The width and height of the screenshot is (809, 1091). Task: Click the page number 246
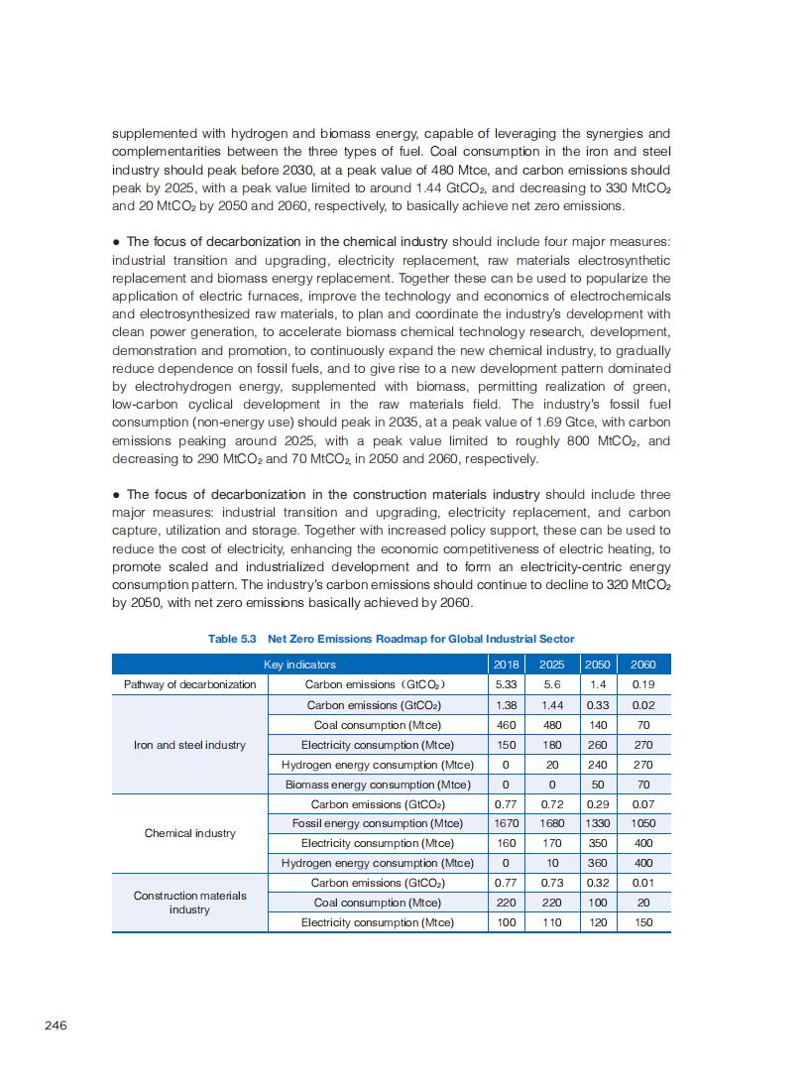[x=56, y=1025]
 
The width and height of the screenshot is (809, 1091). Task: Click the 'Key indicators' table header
[x=299, y=665]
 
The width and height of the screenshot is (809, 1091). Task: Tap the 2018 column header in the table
[x=506, y=665]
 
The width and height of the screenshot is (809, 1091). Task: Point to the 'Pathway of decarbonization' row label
[x=189, y=684]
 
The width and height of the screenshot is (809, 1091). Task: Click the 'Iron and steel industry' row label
[x=189, y=745]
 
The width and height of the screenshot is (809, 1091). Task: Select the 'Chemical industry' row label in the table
[x=189, y=833]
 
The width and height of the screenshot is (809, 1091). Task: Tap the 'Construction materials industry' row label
[x=189, y=903]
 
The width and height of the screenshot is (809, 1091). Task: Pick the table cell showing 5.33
[x=506, y=684]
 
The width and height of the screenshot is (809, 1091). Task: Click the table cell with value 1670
[x=506, y=823]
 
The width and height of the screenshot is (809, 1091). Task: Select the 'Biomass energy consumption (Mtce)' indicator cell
[x=378, y=785]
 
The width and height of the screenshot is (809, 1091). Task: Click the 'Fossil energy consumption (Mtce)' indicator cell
[x=378, y=823]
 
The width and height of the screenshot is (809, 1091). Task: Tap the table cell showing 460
[x=506, y=725]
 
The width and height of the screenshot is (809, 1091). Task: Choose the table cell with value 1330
[x=598, y=823]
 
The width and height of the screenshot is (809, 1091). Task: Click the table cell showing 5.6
[x=552, y=684]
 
